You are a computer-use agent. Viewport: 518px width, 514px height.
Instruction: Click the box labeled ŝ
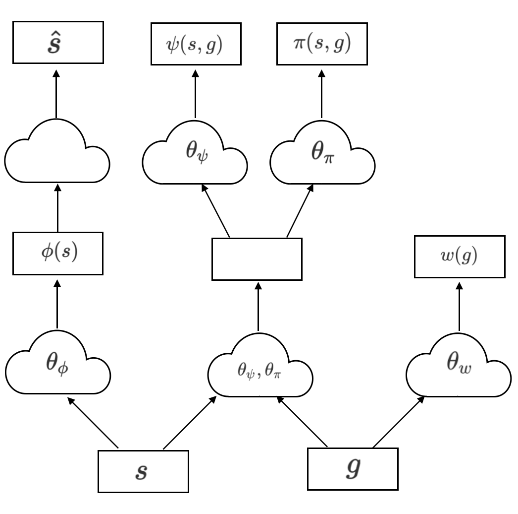click(x=57, y=42)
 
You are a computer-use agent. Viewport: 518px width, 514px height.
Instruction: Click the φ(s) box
click(x=57, y=254)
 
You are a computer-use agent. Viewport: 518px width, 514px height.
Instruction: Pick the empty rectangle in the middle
click(x=257, y=259)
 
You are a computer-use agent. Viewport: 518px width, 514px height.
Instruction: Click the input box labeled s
click(x=143, y=471)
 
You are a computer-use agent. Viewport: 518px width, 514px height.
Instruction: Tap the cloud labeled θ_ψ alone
click(x=195, y=154)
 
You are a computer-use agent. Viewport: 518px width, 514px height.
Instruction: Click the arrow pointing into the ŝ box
click(x=56, y=94)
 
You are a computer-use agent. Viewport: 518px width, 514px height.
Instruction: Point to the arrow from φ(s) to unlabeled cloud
click(x=58, y=208)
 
